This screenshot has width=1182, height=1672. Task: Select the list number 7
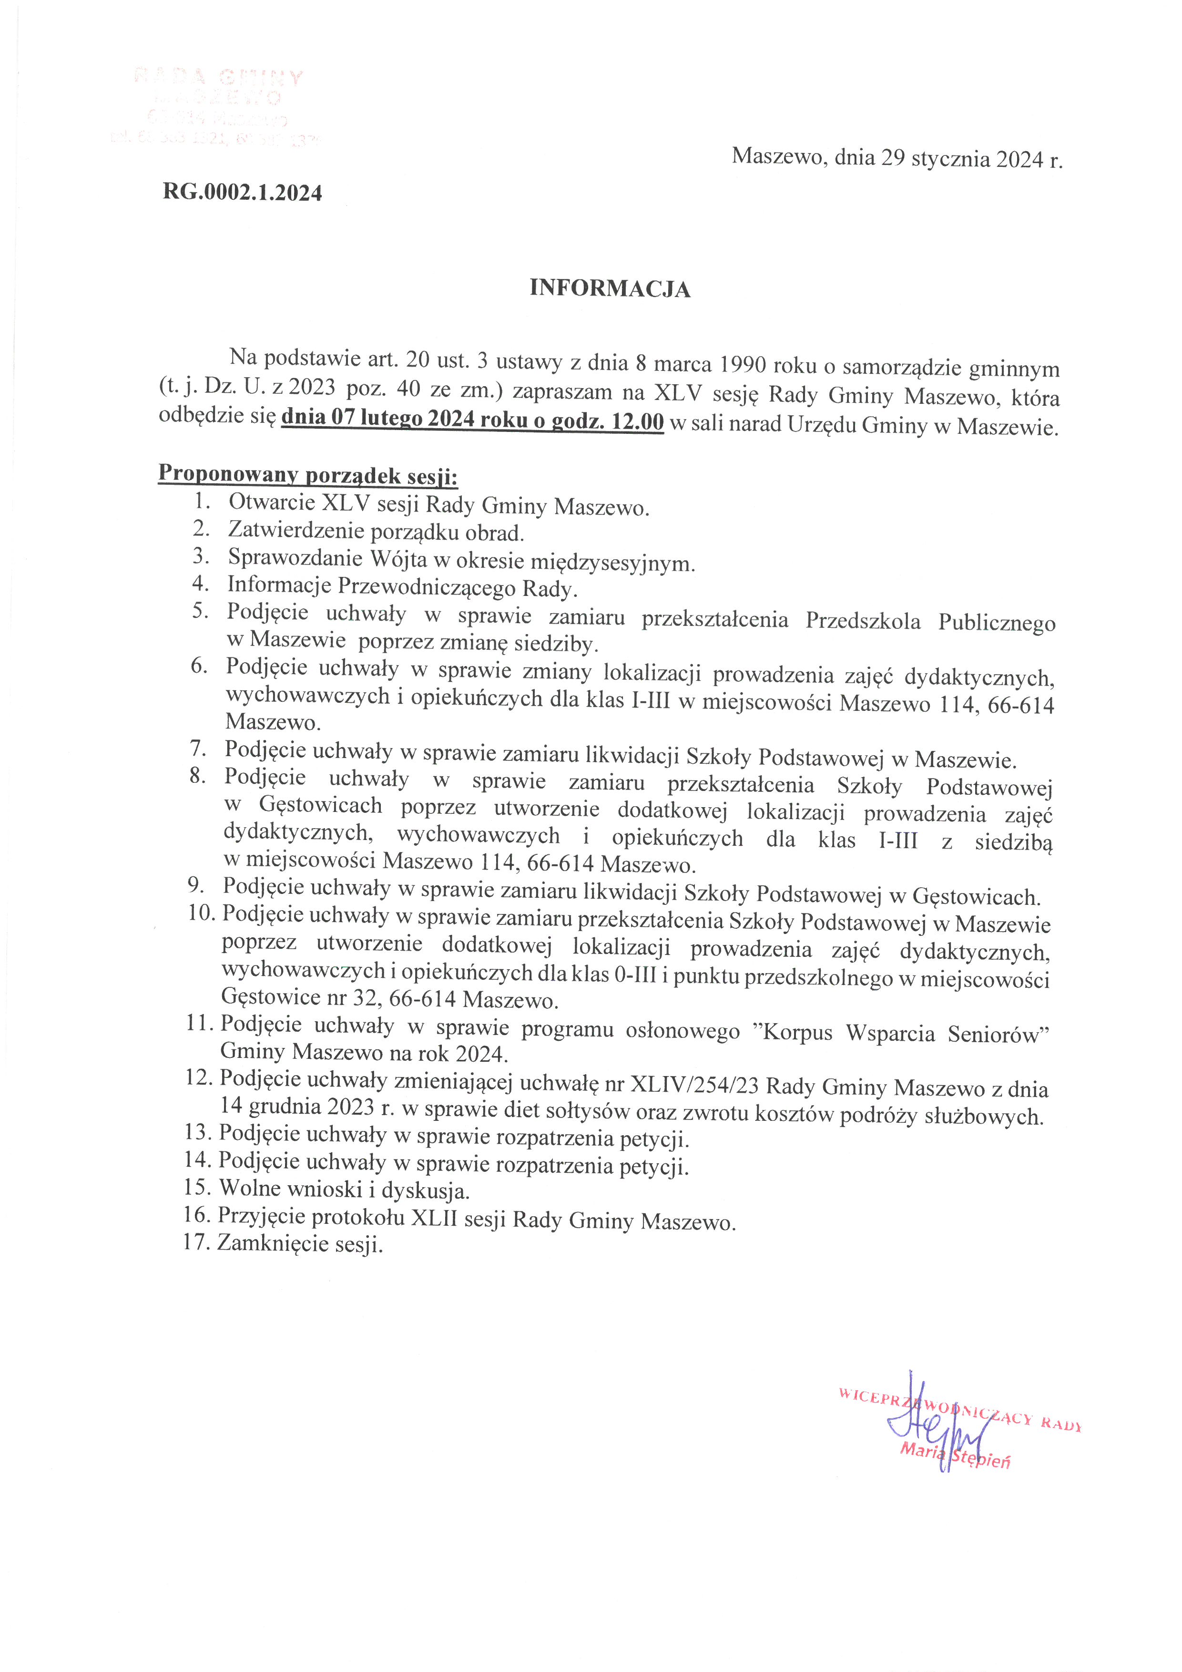pos(199,748)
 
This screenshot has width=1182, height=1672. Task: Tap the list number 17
pos(196,1242)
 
